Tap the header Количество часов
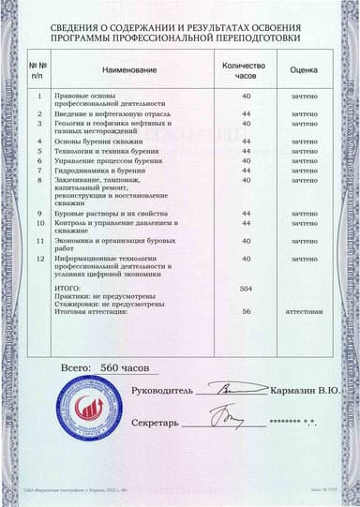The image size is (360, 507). click(x=247, y=70)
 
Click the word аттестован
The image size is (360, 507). click(x=305, y=311)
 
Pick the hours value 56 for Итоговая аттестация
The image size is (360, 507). click(x=247, y=311)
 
